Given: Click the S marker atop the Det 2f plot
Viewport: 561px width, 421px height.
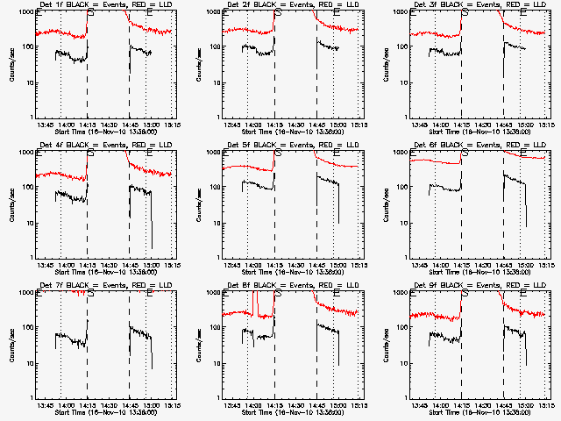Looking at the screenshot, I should pos(277,12).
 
